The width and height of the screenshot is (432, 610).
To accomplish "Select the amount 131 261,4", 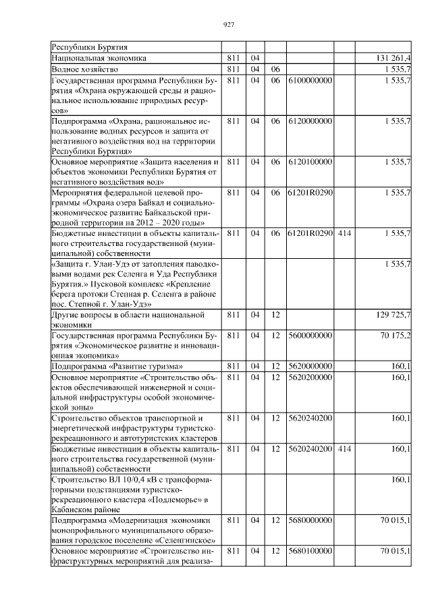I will pyautogui.click(x=393, y=59).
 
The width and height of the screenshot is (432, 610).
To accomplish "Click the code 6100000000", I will pyautogui.click(x=310, y=80).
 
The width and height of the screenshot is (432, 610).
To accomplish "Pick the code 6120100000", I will pyautogui.click(x=310, y=162).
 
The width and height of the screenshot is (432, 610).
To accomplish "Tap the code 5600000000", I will pyautogui.click(x=310, y=335).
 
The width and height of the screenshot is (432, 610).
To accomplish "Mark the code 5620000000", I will pyautogui.click(x=310, y=366).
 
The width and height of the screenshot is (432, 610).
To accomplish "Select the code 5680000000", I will pyautogui.click(x=310, y=520).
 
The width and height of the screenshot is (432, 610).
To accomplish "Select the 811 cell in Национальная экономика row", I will pyautogui.click(x=234, y=59).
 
